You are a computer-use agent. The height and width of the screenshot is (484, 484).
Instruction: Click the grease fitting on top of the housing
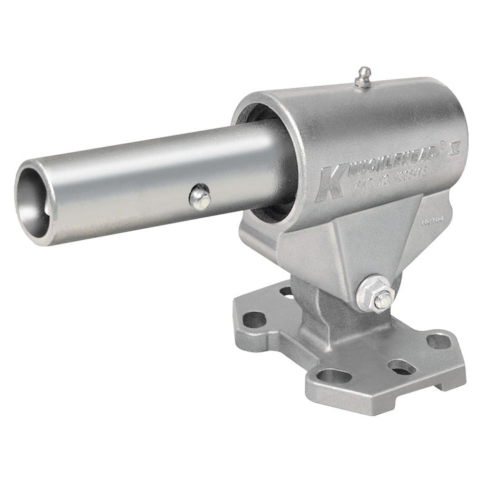coord(362,77)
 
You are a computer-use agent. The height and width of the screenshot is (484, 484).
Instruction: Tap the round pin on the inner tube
coord(200,198)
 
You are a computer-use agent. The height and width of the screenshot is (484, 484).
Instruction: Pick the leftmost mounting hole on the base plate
coord(254,319)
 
